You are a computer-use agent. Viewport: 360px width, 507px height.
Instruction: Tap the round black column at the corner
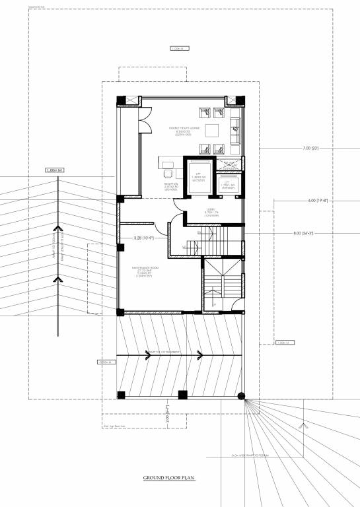(x=242, y=397)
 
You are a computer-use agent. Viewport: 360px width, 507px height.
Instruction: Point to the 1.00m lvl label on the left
(x=55, y=171)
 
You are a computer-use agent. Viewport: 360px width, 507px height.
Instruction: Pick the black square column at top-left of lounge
(x=121, y=101)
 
